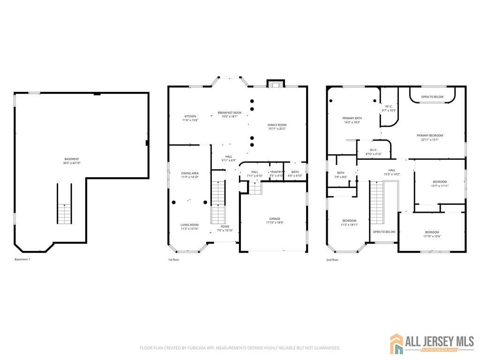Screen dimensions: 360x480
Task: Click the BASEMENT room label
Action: pos(72,159)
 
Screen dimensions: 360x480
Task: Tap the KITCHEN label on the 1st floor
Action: pos(190,116)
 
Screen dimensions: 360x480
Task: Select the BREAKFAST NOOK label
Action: pos(229,112)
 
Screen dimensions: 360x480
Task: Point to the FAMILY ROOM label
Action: pos(277,125)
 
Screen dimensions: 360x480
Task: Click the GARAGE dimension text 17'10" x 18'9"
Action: pos(275,223)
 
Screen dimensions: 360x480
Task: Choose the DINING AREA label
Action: pos(190,173)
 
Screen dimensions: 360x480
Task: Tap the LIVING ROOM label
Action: pos(190,225)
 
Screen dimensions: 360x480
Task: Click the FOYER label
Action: pos(225,226)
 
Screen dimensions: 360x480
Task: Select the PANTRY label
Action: pos(277,172)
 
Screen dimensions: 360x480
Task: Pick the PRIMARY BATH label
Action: pos(352,118)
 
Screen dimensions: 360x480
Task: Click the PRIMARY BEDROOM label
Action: pos(429,135)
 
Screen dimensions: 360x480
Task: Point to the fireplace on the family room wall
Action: pos(275,84)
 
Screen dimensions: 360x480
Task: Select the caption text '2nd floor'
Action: pos(332,259)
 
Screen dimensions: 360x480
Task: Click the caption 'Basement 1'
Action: pos(22,259)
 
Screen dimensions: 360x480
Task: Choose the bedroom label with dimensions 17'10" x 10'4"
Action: pos(432,232)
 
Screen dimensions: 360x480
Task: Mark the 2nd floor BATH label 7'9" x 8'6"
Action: pos(341,172)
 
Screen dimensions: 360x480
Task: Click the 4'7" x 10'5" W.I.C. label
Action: pos(389,106)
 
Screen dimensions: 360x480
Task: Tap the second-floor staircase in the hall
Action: pos(377,202)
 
